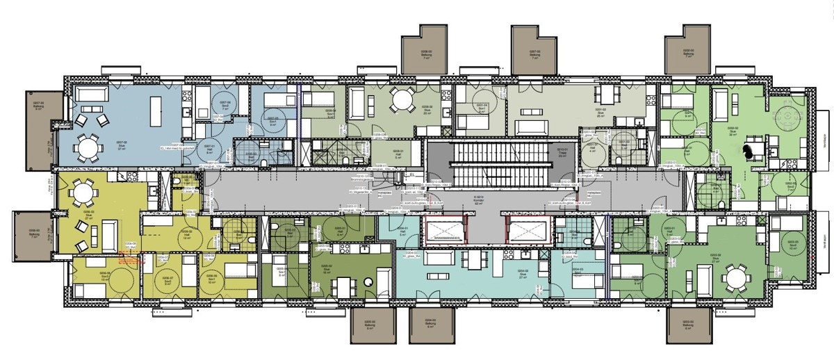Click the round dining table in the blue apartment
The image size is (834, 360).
pyautogui.click(x=88, y=147)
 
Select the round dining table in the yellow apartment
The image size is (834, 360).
pyautogui.click(x=83, y=190)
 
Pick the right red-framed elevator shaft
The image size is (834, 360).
pyautogui.click(x=529, y=229)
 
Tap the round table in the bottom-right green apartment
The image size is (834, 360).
pyautogui.click(x=734, y=279)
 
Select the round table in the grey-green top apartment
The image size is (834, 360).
pyautogui.click(x=401, y=99)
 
